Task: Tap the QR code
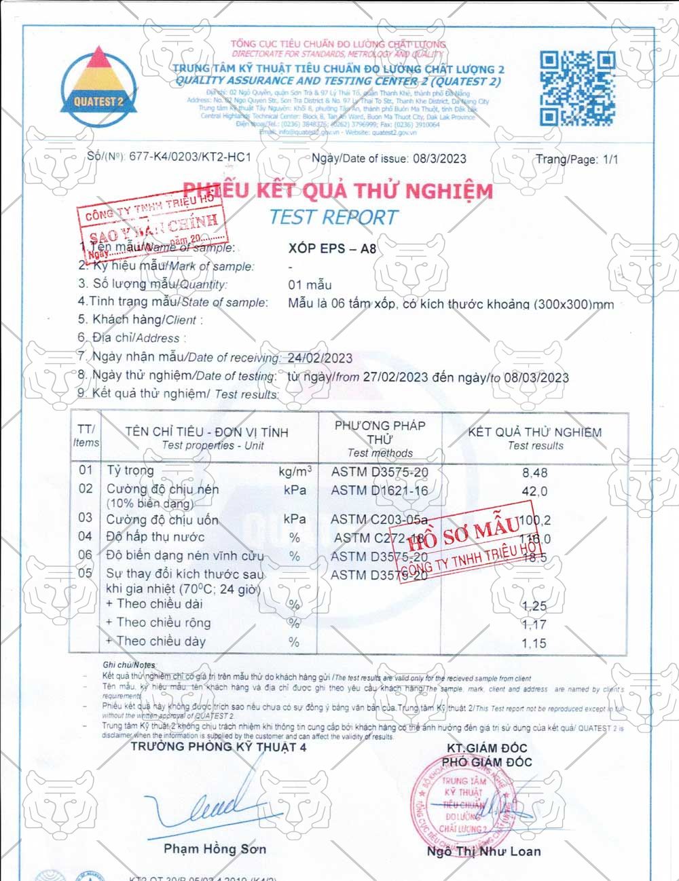[x=577, y=88]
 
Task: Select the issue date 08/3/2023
[x=438, y=159]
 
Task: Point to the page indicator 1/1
[x=610, y=160]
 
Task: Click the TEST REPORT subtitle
[x=333, y=217]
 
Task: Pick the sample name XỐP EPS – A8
[x=332, y=248]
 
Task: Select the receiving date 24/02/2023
[x=320, y=358]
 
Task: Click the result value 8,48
[x=534, y=472]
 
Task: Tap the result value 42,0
[x=534, y=491]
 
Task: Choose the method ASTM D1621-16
[x=380, y=490]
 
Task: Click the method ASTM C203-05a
[x=379, y=520]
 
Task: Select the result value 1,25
[x=534, y=606]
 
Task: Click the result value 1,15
[x=534, y=643]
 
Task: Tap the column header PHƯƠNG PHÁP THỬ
[x=380, y=438]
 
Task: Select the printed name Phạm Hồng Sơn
[x=215, y=848]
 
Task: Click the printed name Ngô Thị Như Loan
[x=483, y=851]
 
